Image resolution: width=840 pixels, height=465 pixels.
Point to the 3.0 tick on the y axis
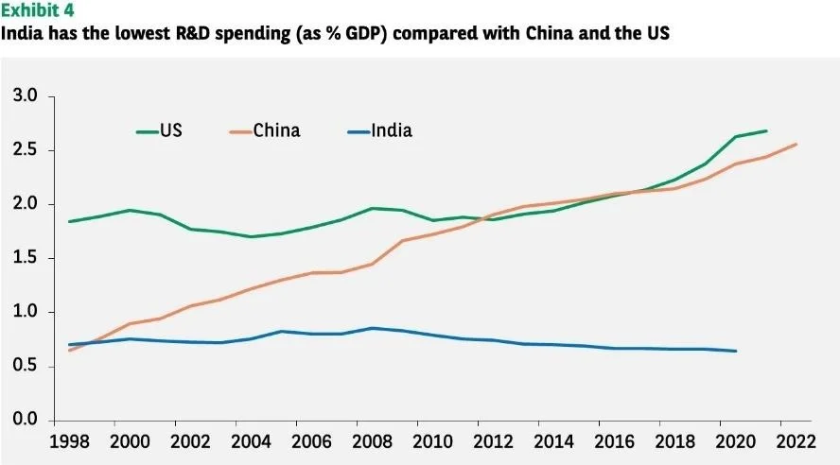tap(26, 96)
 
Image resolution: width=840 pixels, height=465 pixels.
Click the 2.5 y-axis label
tap(26, 150)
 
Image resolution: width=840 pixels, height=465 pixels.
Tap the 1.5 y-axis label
tap(26, 258)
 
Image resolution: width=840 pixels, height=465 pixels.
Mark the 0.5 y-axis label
tap(26, 366)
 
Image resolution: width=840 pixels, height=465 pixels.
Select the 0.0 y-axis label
tap(26, 420)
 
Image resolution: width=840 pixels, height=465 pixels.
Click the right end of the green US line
tap(766, 131)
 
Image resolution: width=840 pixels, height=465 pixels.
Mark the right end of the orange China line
tap(796, 145)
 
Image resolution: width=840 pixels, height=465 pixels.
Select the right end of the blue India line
tap(735, 351)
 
